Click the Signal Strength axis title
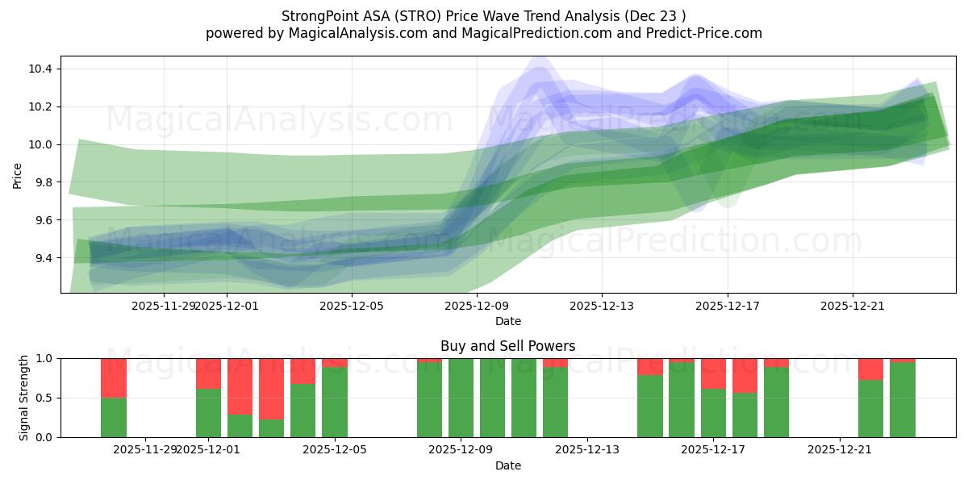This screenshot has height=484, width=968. (x=24, y=398)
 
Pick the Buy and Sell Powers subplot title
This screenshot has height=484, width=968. (x=507, y=346)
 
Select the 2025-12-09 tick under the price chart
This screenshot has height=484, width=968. (x=478, y=306)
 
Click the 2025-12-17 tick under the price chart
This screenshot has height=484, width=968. (x=728, y=306)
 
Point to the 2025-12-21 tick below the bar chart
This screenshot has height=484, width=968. (x=840, y=450)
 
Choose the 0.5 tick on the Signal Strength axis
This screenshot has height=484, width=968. (x=44, y=398)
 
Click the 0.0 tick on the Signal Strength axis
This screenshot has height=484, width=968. (x=44, y=437)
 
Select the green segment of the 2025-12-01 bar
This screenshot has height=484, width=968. (x=209, y=413)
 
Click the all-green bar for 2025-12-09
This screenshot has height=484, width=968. (x=461, y=398)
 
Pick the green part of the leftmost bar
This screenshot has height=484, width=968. (x=114, y=418)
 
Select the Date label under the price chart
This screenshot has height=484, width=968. (x=507, y=321)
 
